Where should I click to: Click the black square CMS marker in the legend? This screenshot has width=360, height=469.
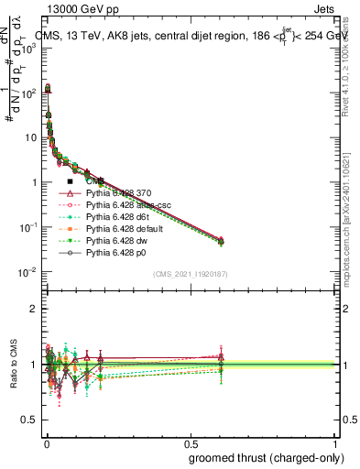pyautogui.click(x=71, y=181)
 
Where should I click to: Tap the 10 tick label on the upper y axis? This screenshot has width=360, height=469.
pyautogui.click(x=30, y=138)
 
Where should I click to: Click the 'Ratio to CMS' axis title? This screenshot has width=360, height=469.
pyautogui.click(x=12, y=365)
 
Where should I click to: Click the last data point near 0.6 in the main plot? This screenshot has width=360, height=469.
pyautogui.click(x=220, y=241)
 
